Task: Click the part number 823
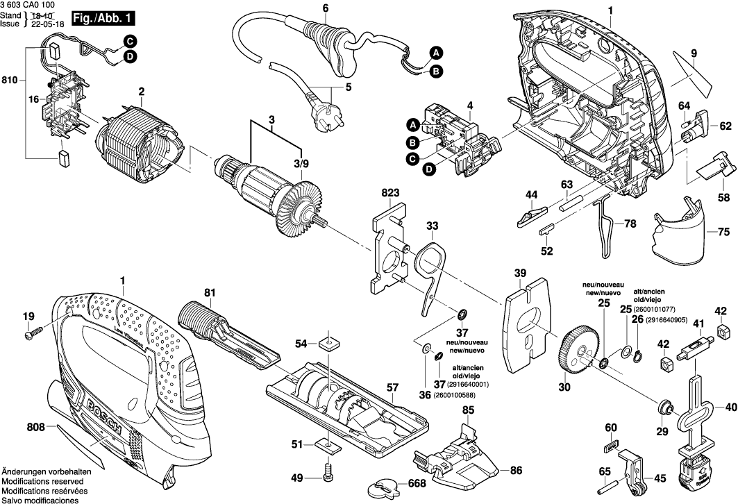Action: [390, 192]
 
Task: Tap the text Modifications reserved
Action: [42, 481]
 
